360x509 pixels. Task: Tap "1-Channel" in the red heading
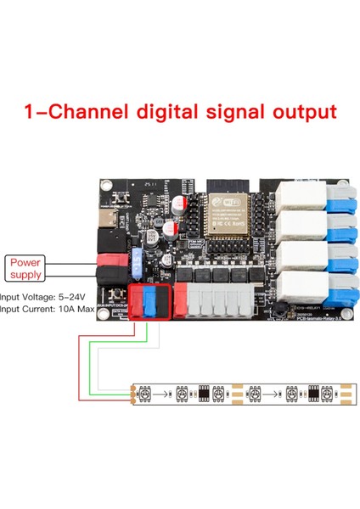71,111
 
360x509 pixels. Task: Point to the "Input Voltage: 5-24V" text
41,298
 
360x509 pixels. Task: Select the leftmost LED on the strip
147,394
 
